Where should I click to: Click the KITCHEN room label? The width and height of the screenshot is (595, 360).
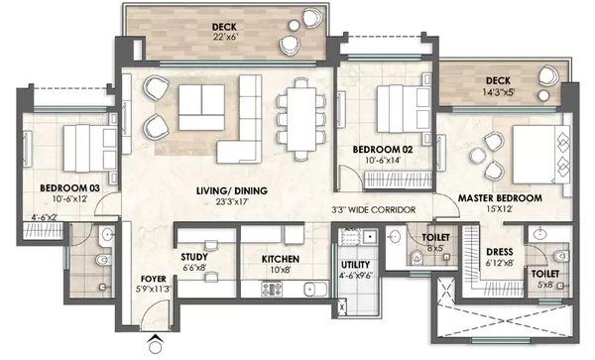(281, 259)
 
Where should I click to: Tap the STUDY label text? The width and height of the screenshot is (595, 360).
(194, 257)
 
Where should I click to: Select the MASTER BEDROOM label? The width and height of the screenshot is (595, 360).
(500, 198)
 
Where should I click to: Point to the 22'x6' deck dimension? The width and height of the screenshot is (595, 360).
(225, 37)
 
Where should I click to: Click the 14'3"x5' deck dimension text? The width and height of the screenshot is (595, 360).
(498, 92)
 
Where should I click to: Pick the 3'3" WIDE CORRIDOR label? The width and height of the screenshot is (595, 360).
(374, 210)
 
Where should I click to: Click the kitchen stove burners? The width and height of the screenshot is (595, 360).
(272, 289)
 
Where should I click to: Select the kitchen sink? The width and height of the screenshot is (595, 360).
(315, 290)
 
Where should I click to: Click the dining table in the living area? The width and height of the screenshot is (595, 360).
(301, 119)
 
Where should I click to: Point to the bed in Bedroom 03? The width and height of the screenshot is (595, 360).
(90, 149)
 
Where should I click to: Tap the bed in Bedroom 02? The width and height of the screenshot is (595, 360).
(404, 109)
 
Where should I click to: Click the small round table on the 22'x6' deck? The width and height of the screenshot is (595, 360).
(295, 26)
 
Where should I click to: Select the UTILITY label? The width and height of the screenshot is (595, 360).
(356, 265)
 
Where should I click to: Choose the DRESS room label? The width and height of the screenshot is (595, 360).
(500, 252)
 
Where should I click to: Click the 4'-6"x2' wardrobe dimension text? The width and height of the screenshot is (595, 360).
(44, 217)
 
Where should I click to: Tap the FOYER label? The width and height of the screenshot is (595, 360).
(154, 280)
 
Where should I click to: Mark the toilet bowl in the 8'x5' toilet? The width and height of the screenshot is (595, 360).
(416, 258)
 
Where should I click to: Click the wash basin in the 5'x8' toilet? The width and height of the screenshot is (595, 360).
(540, 234)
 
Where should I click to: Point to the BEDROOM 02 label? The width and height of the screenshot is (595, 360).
(383, 150)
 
